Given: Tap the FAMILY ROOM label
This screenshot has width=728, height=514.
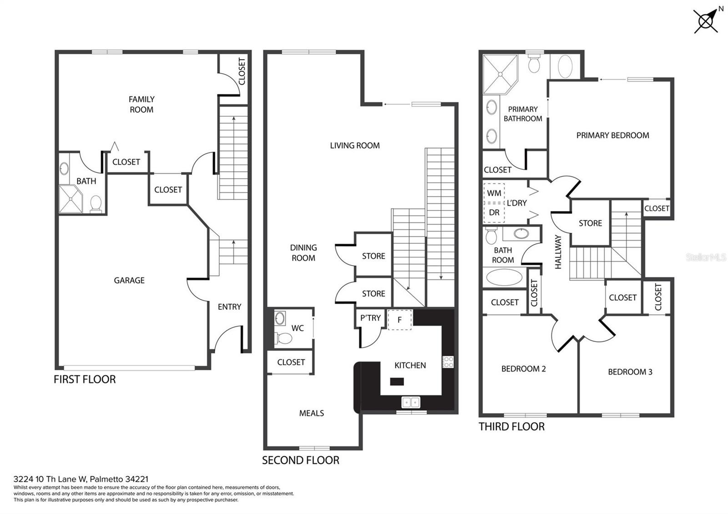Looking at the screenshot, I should tap(142, 104).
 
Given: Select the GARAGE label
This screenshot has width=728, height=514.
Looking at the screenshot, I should tap(129, 280).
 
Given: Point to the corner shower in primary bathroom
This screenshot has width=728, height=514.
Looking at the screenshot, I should tap(500, 74).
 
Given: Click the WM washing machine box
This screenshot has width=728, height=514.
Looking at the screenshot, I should tap(494, 193).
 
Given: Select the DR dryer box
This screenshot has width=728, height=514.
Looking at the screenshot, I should tap(494, 212).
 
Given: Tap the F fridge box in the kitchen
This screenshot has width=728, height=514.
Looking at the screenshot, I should tap(399, 319).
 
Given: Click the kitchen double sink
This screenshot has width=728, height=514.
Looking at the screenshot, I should tap(411, 402).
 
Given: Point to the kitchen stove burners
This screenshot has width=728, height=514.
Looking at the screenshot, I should tap(448, 362).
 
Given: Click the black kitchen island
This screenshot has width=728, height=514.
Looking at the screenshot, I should tap(397, 382).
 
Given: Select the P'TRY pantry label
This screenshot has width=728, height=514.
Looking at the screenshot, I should tap(370, 318).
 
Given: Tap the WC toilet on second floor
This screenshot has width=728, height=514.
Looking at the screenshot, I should tap(285, 338).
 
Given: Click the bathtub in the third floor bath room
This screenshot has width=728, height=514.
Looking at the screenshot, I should tap(504, 277).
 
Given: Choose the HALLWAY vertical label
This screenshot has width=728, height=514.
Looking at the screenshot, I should tap(559, 252).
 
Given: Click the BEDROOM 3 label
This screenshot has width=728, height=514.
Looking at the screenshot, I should tap(630, 372).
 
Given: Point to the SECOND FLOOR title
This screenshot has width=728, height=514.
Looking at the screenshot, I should tap(300, 460).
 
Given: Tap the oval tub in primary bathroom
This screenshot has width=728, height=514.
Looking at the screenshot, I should tap(565, 67).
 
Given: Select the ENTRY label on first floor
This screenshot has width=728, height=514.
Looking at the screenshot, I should tap(229, 307).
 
